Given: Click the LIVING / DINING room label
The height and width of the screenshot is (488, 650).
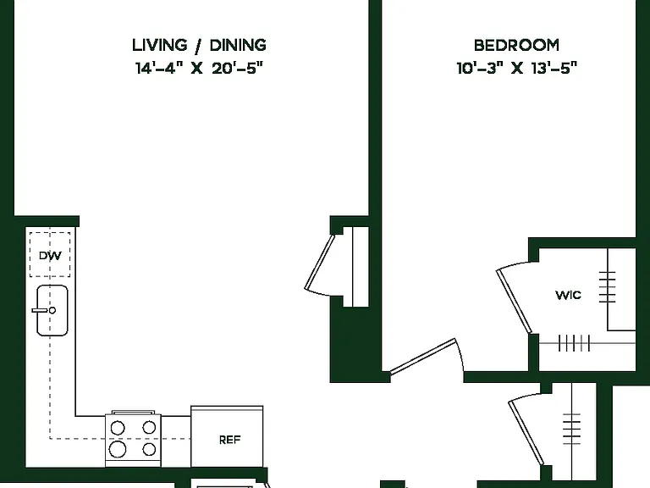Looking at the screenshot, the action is pyautogui.click(x=199, y=45).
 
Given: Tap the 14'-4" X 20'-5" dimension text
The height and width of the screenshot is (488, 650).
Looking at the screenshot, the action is pyautogui.click(x=199, y=68).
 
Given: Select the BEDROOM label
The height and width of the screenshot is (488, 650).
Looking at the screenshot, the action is pyautogui.click(x=516, y=45).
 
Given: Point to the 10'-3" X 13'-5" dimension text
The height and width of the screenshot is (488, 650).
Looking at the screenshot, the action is pyautogui.click(x=516, y=68).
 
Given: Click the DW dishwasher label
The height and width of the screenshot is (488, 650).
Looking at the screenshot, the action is pyautogui.click(x=50, y=256).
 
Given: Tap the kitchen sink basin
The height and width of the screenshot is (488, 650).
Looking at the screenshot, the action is pyautogui.click(x=52, y=310).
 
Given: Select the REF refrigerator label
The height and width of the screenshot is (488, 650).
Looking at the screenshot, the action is pyautogui.click(x=229, y=440).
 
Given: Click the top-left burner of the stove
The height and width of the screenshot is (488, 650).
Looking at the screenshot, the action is pyautogui.click(x=118, y=427).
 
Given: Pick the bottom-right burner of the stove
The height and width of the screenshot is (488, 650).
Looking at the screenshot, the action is pyautogui.click(x=149, y=449).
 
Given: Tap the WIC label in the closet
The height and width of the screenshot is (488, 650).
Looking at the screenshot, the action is pyautogui.click(x=569, y=295).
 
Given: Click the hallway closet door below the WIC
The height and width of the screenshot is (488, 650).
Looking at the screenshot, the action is pyautogui.click(x=526, y=432).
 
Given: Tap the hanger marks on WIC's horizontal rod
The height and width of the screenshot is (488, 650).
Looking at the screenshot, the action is pyautogui.click(x=574, y=343).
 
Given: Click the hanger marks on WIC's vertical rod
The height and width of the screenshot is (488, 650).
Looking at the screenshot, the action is pyautogui.click(x=608, y=286).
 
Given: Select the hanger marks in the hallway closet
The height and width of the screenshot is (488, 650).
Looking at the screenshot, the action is pyautogui.click(x=571, y=429).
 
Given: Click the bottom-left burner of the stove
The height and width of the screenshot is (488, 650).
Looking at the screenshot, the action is pyautogui.click(x=118, y=449).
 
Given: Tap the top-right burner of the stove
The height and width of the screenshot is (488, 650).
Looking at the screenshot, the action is pyautogui.click(x=149, y=427).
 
